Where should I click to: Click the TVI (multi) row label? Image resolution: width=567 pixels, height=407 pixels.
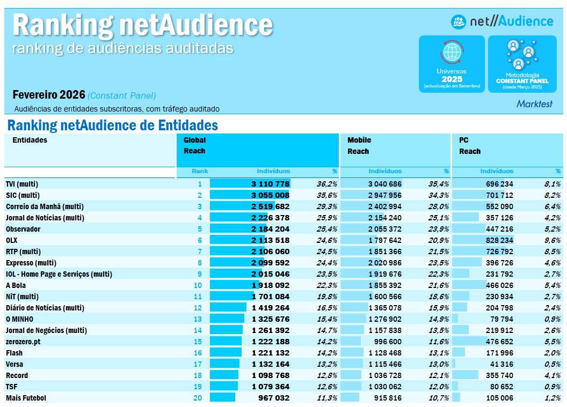tap(22, 184)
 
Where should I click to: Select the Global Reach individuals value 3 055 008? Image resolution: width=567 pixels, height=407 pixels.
tap(270, 195)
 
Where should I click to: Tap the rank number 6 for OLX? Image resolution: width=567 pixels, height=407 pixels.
tap(200, 240)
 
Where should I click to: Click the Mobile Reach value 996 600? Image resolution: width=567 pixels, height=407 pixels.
tap(385, 342)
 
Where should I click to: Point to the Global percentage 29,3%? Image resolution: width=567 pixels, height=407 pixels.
tap(327, 206)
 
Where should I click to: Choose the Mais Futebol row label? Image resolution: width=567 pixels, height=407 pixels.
tap(26, 398)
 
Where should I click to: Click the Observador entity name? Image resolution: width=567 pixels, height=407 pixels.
tap(23, 229)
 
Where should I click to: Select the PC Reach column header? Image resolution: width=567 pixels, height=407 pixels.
tap(470, 146)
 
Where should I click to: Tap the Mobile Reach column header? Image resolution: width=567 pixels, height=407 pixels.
tap(359, 146)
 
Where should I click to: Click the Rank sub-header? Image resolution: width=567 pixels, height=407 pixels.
tap(200, 172)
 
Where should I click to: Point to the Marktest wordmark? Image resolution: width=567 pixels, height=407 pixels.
tap(534, 104)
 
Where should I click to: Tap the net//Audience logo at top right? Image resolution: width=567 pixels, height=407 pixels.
tap(502, 21)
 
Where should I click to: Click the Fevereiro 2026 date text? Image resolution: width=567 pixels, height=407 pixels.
tap(49, 95)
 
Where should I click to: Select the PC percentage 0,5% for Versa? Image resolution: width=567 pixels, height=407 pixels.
tap(553, 364)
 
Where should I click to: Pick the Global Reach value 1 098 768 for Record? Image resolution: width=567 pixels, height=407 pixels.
tap(270, 375)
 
